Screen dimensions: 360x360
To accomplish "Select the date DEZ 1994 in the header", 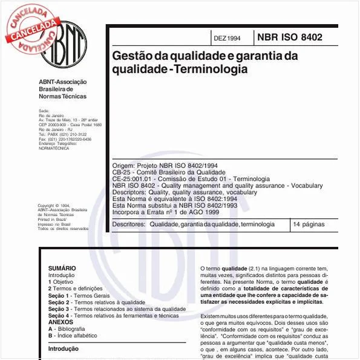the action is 227,38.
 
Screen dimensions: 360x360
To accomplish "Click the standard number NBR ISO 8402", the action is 290,38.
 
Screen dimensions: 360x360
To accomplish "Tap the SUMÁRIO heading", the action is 62,268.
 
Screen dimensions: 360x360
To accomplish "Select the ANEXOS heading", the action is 61,322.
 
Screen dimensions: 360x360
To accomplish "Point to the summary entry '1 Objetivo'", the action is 61,281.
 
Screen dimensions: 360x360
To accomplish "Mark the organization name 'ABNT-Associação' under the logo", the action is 63,82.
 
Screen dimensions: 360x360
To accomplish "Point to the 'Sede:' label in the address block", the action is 44,111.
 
